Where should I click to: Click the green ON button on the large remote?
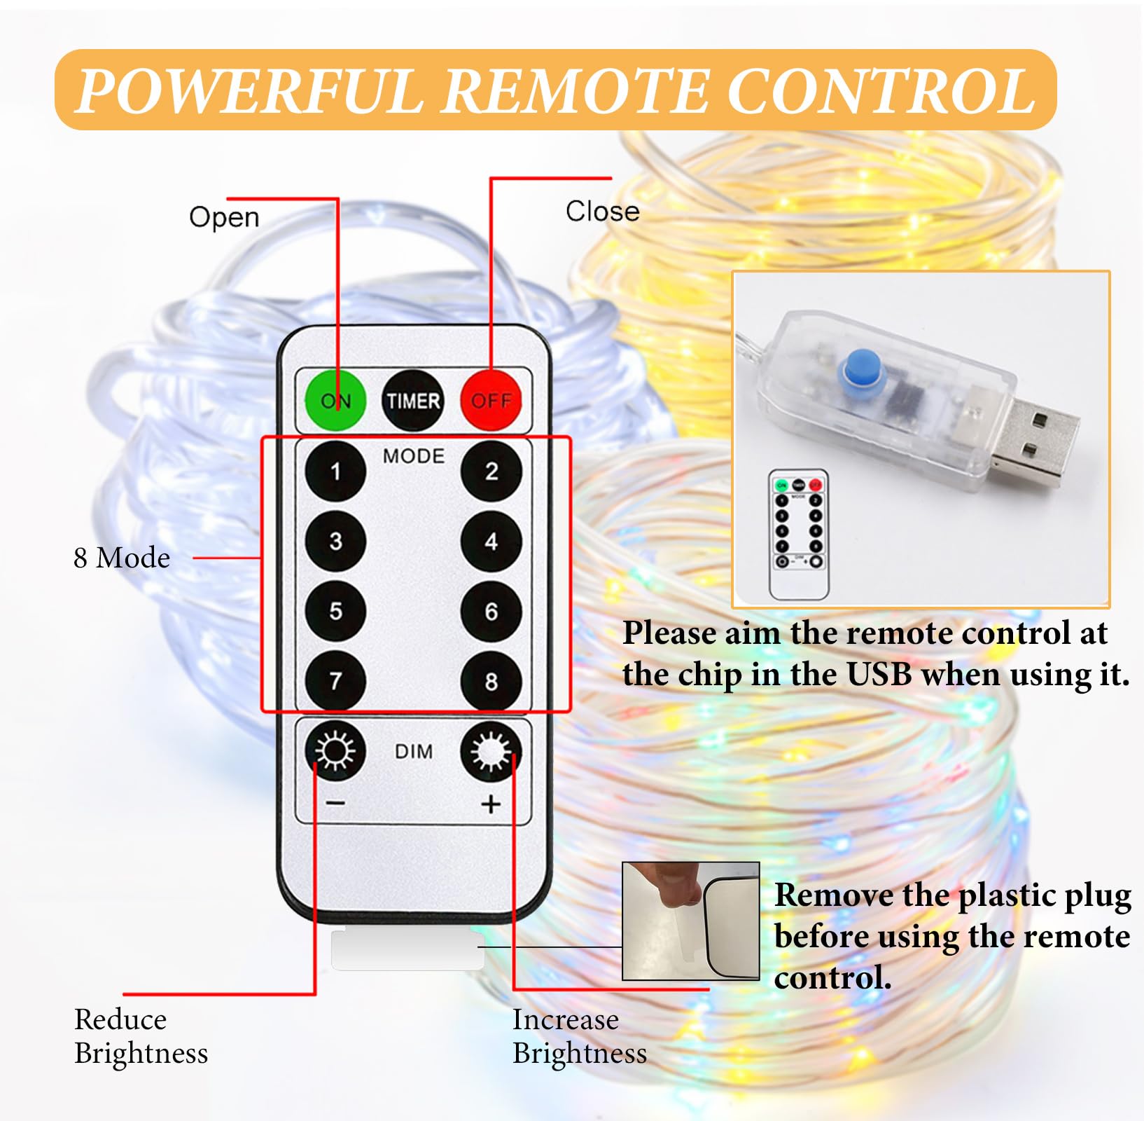pyautogui.click(x=335, y=400)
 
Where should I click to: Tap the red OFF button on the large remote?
pyautogui.click(x=491, y=400)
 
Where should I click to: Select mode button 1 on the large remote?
pyautogui.click(x=335, y=471)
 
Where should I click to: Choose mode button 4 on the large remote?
pyautogui.click(x=491, y=541)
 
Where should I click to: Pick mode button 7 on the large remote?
pyautogui.click(x=335, y=680)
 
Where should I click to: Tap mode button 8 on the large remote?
pyautogui.click(x=491, y=680)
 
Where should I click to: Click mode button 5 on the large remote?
pyautogui.click(x=335, y=611)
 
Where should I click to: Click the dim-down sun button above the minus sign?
pyautogui.click(x=335, y=750)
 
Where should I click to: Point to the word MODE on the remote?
pyautogui.click(x=413, y=456)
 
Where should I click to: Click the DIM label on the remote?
pyautogui.click(x=414, y=751)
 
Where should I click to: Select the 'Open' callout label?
pyautogui.click(x=224, y=217)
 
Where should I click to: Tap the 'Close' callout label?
pyautogui.click(x=602, y=211)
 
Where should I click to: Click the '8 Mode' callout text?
pyautogui.click(x=122, y=558)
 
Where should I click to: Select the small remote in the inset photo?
pyautogui.click(x=799, y=535)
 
